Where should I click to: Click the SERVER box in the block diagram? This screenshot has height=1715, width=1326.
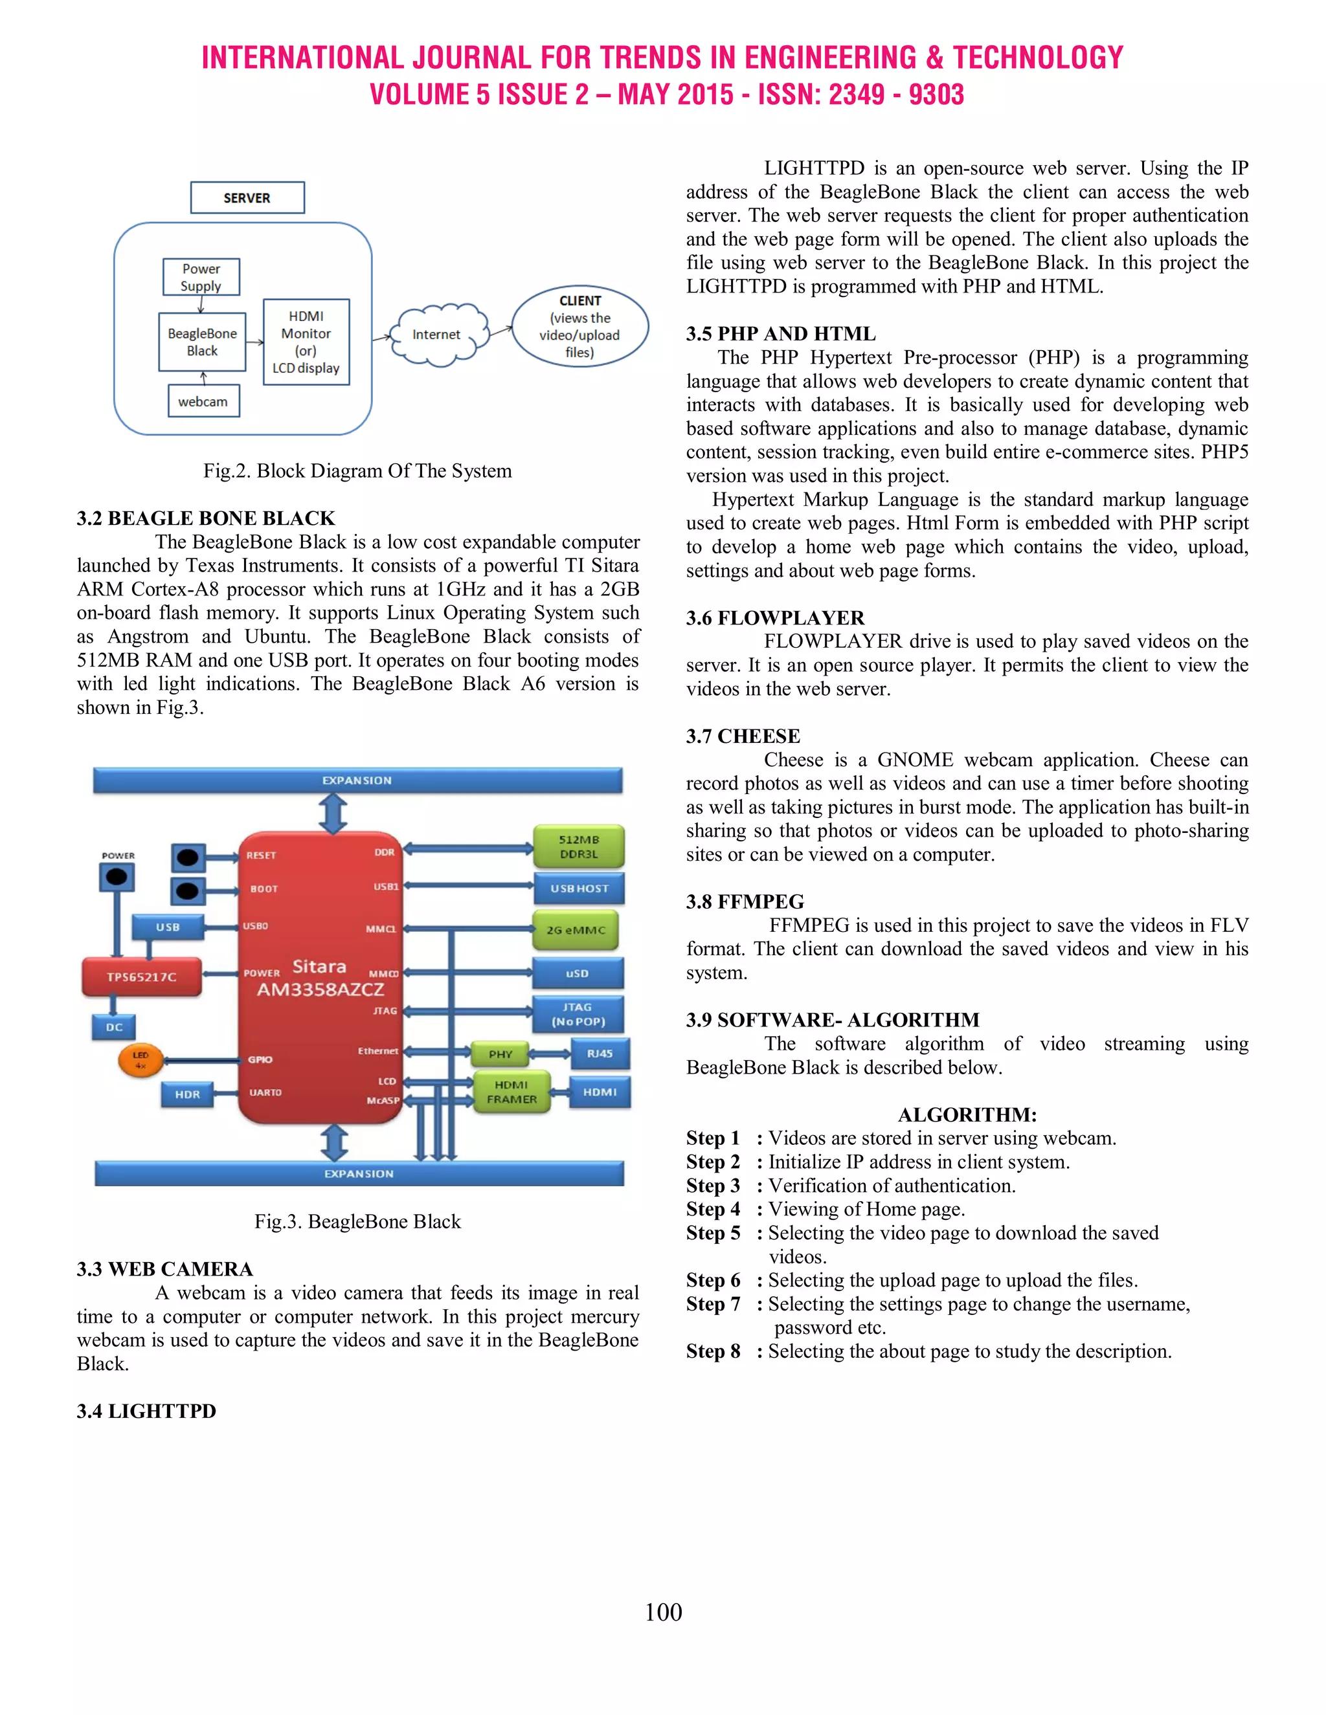pos(247,198)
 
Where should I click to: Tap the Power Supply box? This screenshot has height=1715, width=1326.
pos(201,277)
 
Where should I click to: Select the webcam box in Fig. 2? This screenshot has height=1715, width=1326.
pos(203,401)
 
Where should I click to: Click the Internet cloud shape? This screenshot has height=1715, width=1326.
pos(437,335)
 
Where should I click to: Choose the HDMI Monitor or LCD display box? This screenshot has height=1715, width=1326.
pos(306,342)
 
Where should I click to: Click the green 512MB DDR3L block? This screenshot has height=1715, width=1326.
pos(579,846)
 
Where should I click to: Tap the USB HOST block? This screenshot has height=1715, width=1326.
pos(579,888)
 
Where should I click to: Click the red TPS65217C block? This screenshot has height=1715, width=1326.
pos(141,977)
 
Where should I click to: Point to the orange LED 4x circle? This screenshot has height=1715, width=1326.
pos(140,1060)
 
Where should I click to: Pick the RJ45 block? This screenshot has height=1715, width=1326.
pos(600,1054)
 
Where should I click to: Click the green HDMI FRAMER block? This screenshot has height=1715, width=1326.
pos(511,1092)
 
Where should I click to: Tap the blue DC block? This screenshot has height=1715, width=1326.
pos(115,1027)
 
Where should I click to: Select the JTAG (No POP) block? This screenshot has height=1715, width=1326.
pos(578,1013)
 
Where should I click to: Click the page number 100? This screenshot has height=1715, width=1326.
pos(663,1612)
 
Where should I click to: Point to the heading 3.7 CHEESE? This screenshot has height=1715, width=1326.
pos(743,736)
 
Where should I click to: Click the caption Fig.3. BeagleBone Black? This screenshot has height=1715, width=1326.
pos(357,1221)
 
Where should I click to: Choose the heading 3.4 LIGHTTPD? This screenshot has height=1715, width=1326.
pos(146,1410)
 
